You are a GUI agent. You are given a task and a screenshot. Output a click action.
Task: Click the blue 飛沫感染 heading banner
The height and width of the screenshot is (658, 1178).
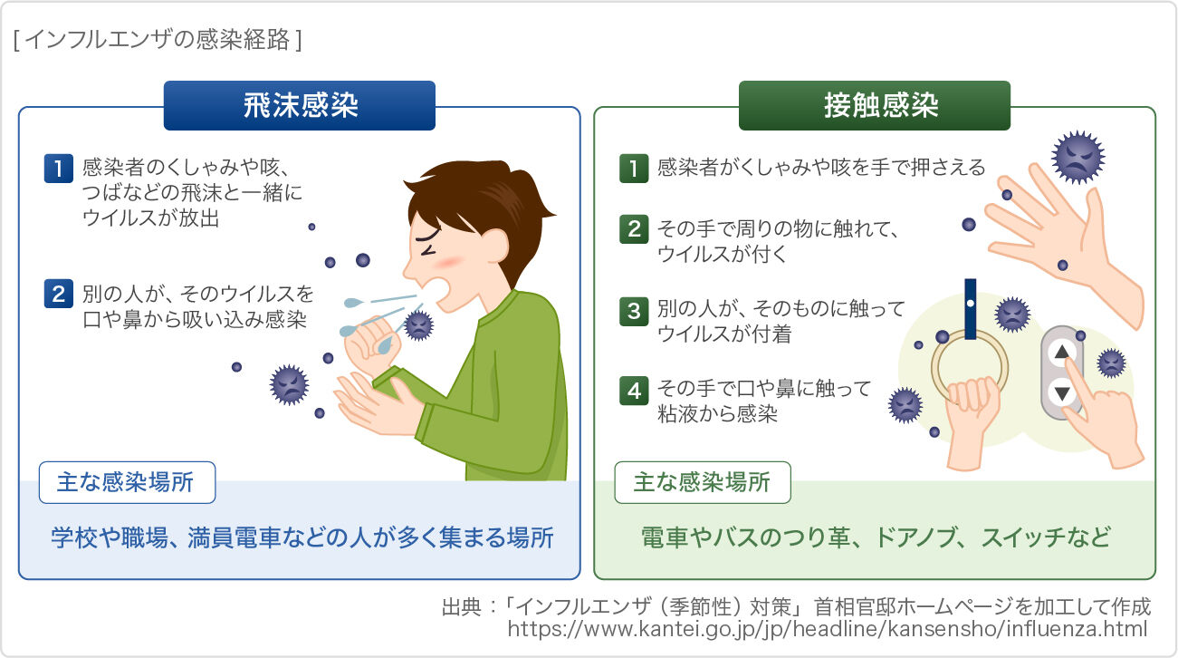(299, 106)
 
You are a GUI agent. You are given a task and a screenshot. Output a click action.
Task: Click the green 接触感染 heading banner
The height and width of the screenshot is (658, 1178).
(874, 106)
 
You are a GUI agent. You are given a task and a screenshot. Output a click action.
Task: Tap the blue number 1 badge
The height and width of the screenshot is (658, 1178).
(58, 169)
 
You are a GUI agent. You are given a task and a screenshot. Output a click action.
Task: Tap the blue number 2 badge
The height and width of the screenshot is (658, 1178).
(58, 295)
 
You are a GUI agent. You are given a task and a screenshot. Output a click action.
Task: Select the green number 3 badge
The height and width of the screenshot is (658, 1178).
(633, 311)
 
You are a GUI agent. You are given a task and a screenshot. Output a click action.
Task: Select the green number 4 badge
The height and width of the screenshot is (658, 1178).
(633, 391)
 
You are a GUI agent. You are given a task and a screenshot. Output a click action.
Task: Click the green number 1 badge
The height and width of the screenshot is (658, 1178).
(633, 169)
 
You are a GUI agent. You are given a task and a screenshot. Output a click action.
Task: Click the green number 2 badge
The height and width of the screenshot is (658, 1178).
(633, 230)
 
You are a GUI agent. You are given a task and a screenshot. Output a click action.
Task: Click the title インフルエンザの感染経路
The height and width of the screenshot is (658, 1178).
(158, 41)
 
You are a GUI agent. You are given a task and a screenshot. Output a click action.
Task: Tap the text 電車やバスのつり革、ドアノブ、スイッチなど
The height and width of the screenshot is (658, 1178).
(875, 537)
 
